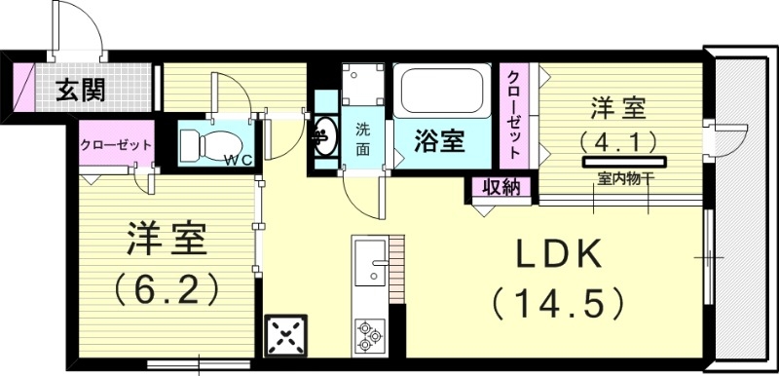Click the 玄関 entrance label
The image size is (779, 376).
click(x=80, y=90)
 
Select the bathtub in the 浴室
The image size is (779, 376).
click(x=441, y=91)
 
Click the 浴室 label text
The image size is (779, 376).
click(x=440, y=142)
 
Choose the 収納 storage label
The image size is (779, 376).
click(x=501, y=188)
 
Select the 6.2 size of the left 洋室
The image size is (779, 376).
click(x=166, y=289)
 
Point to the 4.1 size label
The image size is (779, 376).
click(x=617, y=141)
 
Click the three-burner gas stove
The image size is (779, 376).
click(x=371, y=336)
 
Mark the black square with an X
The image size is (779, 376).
click(x=285, y=336)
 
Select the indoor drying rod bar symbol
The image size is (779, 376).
click(x=624, y=162)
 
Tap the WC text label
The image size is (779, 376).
click(x=239, y=160)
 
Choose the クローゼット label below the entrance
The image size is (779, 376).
click(x=115, y=145)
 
